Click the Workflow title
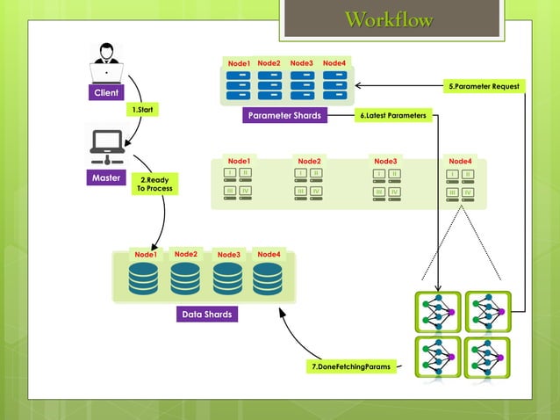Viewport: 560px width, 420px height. tap(390, 20)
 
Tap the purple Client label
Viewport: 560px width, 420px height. tap(107, 92)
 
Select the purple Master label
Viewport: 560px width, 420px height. tap(107, 177)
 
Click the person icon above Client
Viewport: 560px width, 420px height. tap(107, 62)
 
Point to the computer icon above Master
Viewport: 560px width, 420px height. tap(107, 146)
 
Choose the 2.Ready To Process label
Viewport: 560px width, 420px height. tap(155, 185)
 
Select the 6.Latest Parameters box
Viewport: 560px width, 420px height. tap(393, 115)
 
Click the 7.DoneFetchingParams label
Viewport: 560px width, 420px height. tap(350, 366)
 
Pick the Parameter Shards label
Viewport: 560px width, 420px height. tap(284, 116)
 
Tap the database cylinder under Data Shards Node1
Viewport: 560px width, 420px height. tap(143, 279)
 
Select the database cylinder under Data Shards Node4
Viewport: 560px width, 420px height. tap(268, 279)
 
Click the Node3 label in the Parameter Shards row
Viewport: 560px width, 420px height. tap(302, 63)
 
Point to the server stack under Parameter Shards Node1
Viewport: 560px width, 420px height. tap(239, 85)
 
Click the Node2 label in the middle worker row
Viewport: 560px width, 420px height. tap(309, 161)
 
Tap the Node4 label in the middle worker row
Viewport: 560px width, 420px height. tap(460, 161)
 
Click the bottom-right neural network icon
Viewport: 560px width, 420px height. tap(487, 358)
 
